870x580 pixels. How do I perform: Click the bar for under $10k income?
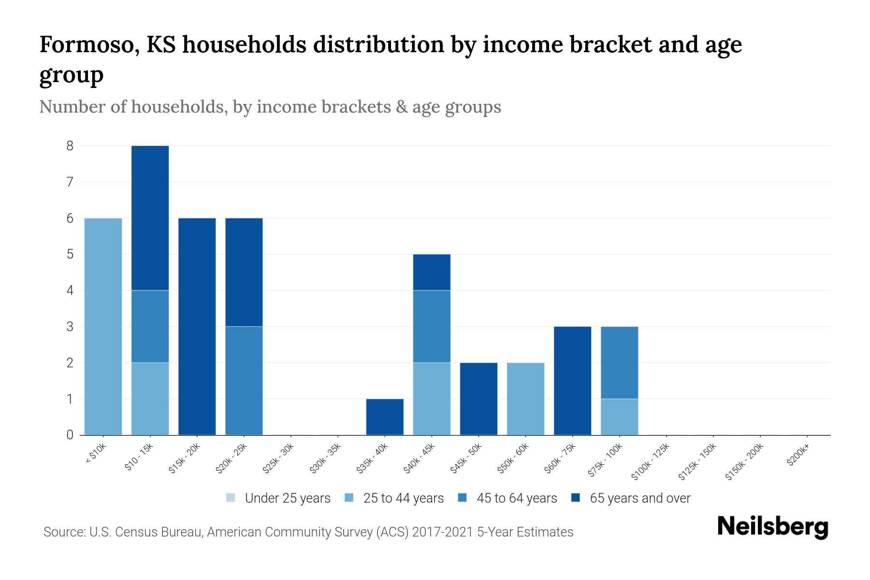click(x=103, y=326)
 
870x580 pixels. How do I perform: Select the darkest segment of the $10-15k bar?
click(x=150, y=217)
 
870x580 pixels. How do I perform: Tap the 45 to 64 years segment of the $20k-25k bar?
click(x=244, y=380)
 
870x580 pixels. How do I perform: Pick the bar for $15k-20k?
click(x=197, y=326)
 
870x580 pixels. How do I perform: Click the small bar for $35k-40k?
click(x=385, y=417)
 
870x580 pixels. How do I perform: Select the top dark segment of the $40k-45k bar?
click(x=432, y=272)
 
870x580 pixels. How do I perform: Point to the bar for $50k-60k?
click(x=525, y=399)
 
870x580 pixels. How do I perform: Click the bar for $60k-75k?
click(x=572, y=380)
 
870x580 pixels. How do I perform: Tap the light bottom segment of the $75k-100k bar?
click(x=619, y=417)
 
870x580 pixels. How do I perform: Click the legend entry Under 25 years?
click(x=278, y=498)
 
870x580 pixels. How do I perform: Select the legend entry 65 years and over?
click(x=631, y=498)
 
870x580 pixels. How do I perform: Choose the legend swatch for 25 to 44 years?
click(x=349, y=497)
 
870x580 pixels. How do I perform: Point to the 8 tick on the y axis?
click(x=70, y=145)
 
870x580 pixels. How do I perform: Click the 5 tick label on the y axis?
click(x=70, y=254)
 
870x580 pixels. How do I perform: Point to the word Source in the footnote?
click(x=64, y=532)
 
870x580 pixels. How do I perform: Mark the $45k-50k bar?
click(x=478, y=399)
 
